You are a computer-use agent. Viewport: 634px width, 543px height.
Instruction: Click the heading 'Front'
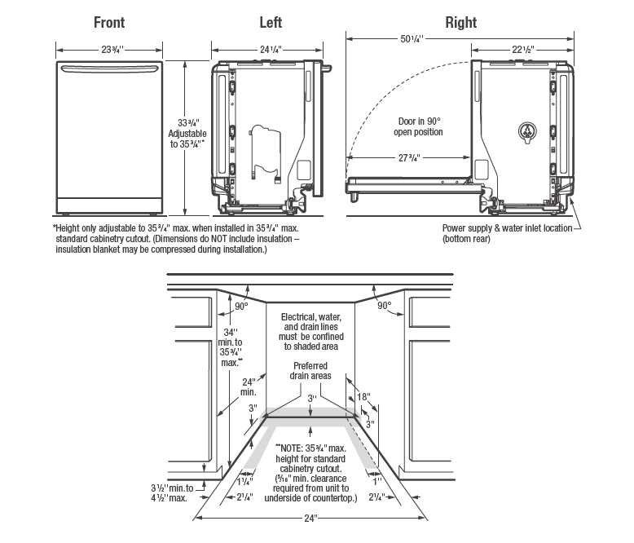(109, 22)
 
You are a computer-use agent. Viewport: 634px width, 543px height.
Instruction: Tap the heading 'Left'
(271, 22)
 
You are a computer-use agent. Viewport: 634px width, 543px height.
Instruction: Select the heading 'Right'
(461, 22)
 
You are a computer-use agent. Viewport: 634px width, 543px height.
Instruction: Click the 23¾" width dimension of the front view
(109, 50)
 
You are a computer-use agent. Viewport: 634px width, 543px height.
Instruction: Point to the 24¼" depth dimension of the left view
(271, 50)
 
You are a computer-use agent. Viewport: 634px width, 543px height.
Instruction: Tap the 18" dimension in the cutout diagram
(363, 397)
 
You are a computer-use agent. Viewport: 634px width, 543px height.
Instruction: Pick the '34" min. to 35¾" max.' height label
(230, 347)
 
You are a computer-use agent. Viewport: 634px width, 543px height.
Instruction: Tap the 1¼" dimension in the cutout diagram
(244, 482)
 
